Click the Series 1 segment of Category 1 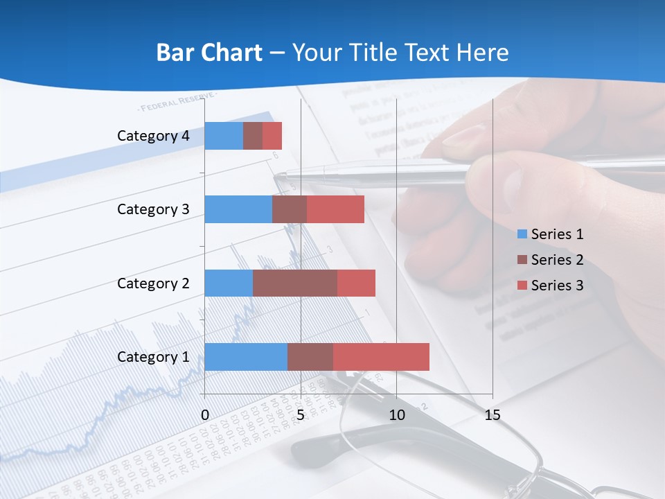point(245,357)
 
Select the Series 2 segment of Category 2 point(294,283)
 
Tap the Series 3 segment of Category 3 point(335,209)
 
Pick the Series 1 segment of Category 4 point(223,136)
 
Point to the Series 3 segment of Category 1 point(381,357)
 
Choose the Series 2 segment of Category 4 point(253,136)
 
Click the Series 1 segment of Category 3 point(238,209)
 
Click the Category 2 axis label point(153,283)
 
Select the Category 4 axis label point(153,136)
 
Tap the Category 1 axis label point(153,357)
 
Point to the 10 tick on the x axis point(396,415)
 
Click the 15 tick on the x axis point(492,415)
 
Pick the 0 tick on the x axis point(205,415)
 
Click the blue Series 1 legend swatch point(522,235)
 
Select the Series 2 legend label point(557,260)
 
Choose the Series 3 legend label point(557,285)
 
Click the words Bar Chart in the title point(209,53)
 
